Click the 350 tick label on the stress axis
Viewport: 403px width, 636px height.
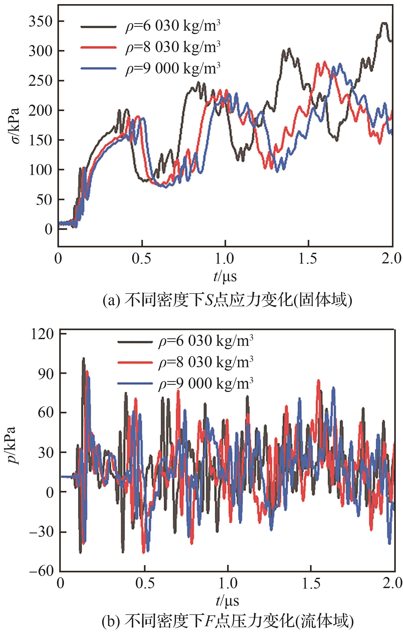click(x=40, y=22)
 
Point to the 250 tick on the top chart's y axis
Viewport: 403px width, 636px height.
click(x=40, y=81)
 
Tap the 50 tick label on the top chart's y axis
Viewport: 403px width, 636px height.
click(x=44, y=200)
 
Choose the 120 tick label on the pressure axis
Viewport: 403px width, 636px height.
click(x=42, y=334)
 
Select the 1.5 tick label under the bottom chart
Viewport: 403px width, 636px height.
click(x=311, y=583)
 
